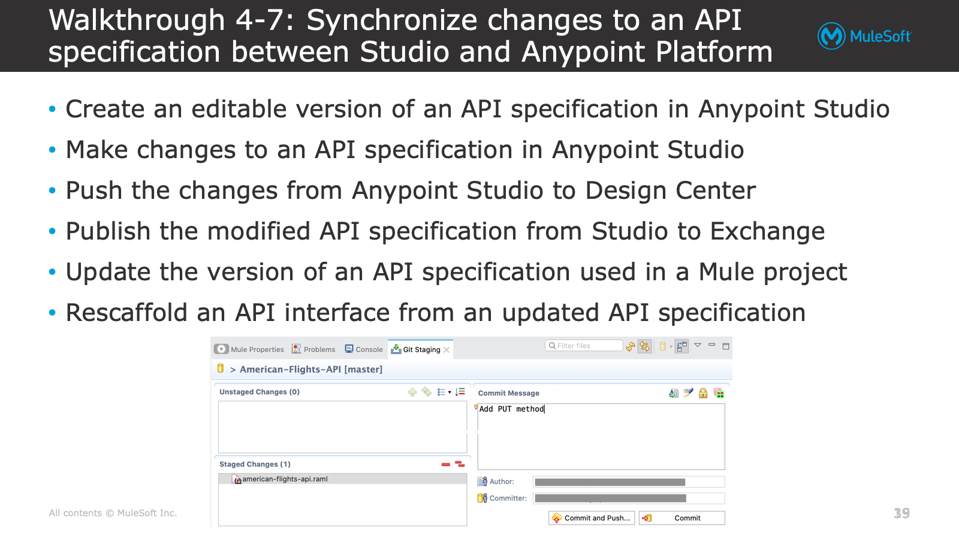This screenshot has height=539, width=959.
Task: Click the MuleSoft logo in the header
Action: (864, 36)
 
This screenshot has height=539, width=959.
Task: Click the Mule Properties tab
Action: (249, 350)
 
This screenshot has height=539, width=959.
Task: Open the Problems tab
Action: (313, 350)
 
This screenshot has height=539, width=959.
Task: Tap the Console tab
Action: (364, 350)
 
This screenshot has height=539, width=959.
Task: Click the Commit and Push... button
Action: (592, 518)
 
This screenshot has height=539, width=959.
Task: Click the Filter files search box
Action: (584, 346)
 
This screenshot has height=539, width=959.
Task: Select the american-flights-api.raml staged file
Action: (285, 479)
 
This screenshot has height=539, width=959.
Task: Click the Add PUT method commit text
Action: (512, 409)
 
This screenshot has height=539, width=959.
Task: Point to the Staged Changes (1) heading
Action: (255, 464)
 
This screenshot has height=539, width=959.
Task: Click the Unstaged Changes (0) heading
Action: (260, 392)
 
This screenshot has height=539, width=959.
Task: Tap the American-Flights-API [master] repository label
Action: (311, 369)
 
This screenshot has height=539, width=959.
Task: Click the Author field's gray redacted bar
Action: (610, 482)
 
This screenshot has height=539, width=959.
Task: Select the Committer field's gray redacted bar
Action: (611, 498)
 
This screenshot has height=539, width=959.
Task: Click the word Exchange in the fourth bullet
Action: (767, 231)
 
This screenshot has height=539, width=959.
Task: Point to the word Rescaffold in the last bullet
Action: (126, 312)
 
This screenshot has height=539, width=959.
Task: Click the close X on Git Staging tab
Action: (447, 350)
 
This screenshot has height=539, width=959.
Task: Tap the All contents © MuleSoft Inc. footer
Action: (113, 513)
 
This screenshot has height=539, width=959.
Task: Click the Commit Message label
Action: (509, 393)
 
